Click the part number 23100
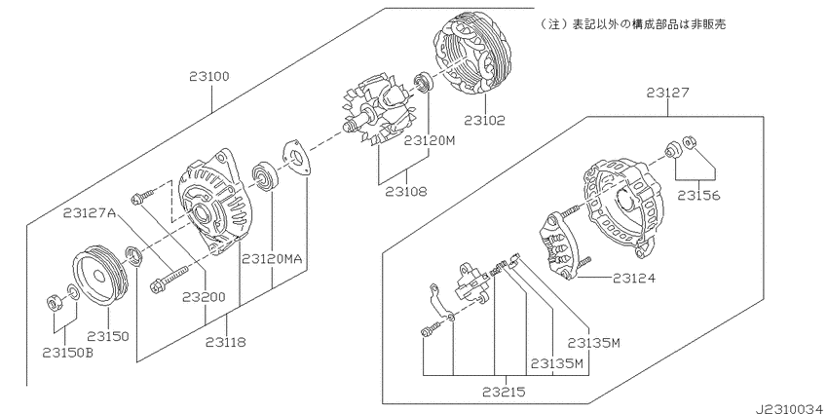pos(209,77)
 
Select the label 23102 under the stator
pos(485,121)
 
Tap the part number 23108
pos(405,191)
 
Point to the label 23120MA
pos(272,259)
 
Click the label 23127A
pos(90,212)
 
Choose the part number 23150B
pos(67,353)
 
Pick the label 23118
pos(225,342)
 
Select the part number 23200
pos(204,297)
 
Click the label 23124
pos(634,278)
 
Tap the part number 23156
pos(698,196)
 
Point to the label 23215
pos(504,392)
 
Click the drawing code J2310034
pos(791,409)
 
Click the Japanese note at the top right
pos(631,24)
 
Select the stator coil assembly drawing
pos(472,56)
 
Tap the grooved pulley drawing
pos(100,275)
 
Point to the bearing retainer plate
pos(297,158)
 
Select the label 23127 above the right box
pos(667,93)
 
